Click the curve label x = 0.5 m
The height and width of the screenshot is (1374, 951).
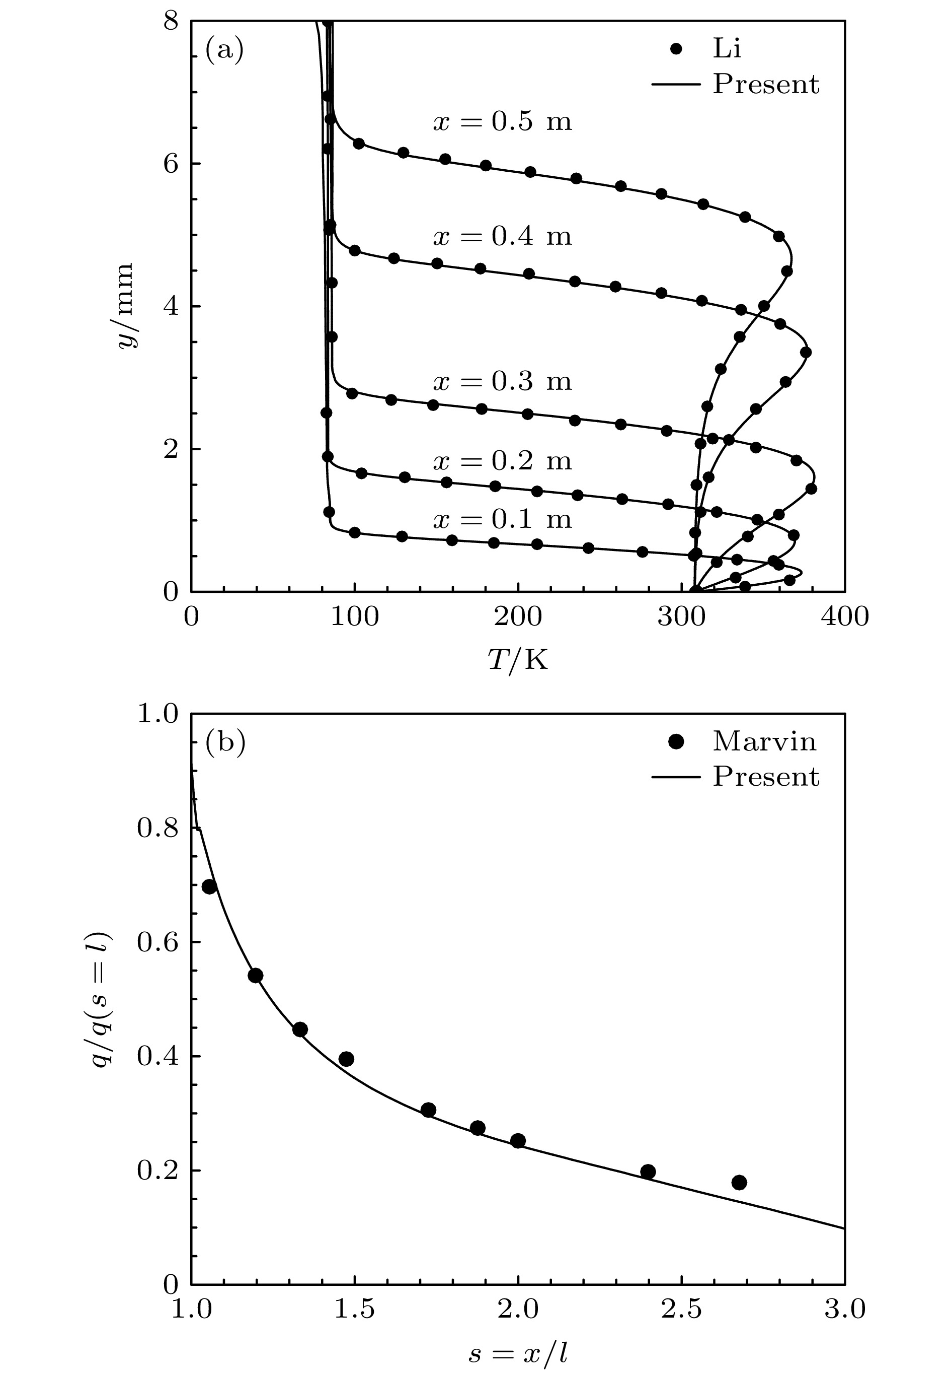[x=502, y=122]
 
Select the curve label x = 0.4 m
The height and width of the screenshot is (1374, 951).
[x=502, y=237]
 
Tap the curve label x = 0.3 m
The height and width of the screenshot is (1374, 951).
[x=502, y=381]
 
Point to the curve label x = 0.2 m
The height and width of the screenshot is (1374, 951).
[x=502, y=461]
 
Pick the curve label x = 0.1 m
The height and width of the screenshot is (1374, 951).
[x=502, y=519]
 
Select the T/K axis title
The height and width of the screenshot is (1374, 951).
[x=517, y=660]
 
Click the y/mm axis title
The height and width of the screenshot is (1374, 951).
[x=127, y=306]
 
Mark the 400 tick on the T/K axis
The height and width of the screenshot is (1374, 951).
[x=844, y=617]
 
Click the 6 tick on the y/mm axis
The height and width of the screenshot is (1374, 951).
[x=171, y=164]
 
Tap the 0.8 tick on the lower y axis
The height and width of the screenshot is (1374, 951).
[x=158, y=829]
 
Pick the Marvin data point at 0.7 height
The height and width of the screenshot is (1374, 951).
[x=209, y=887]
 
